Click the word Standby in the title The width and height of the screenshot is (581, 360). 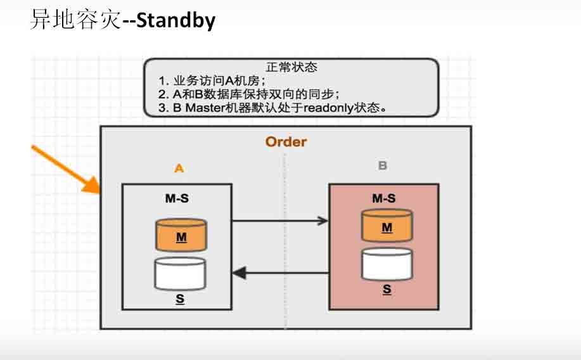(176, 21)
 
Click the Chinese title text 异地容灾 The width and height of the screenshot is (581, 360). (75, 21)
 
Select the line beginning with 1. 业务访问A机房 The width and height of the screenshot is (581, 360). (212, 81)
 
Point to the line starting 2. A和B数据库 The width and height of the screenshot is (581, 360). (249, 94)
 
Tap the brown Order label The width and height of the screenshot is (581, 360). (286, 141)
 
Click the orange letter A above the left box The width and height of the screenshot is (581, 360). (179, 168)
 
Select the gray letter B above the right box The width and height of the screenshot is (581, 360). (383, 166)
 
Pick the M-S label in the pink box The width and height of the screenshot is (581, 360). (384, 198)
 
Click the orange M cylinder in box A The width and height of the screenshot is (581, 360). (181, 235)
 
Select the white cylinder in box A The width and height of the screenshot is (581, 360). (181, 273)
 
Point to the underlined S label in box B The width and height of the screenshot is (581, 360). (386, 290)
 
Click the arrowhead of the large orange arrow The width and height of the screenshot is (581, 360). (93, 185)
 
